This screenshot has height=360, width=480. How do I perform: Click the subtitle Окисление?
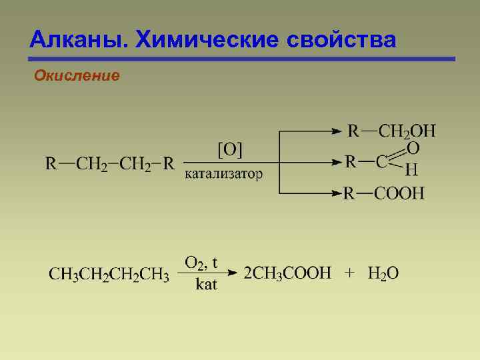(x=77, y=76)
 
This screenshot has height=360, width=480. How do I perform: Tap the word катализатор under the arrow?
(x=223, y=174)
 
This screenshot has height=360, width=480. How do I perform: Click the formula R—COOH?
(x=384, y=194)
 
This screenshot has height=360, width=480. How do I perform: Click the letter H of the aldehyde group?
(x=412, y=171)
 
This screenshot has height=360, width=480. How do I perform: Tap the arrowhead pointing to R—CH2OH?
(x=337, y=131)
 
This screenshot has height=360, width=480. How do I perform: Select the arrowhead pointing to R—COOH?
(x=337, y=194)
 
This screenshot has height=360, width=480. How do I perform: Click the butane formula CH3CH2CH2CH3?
(x=109, y=274)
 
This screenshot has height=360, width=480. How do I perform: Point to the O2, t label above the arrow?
(x=201, y=262)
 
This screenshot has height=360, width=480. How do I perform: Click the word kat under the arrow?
(x=205, y=285)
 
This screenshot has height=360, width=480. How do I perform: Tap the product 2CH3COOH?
(x=287, y=273)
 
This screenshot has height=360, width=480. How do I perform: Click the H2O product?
(x=383, y=274)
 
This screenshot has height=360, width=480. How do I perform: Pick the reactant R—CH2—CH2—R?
(x=110, y=163)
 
